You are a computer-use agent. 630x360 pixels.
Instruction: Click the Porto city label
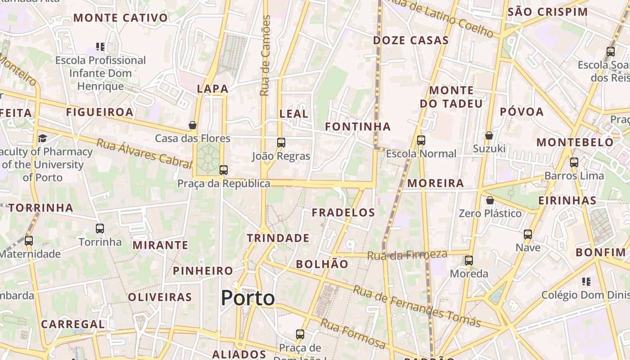point(247,298)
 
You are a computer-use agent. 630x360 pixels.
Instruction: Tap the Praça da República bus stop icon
point(224,170)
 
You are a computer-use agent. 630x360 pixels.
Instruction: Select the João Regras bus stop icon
point(281,143)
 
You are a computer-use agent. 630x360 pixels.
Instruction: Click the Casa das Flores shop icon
point(193,125)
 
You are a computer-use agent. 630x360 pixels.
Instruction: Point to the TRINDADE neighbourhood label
point(278,238)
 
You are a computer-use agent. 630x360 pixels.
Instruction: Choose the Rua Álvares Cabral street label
point(144,153)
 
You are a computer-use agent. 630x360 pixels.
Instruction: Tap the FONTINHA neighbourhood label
point(358,126)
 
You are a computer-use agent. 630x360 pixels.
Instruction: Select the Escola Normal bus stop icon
point(421,140)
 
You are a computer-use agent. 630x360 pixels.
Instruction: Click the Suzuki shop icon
point(489,135)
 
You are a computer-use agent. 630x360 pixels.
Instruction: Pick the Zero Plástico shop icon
point(490,200)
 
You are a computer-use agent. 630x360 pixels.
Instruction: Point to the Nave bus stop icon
point(528,234)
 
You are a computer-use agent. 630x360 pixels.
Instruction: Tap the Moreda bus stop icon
point(469,260)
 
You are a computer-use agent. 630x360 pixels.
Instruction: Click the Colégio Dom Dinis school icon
point(586,282)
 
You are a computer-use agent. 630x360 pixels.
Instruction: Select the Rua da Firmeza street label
point(407,255)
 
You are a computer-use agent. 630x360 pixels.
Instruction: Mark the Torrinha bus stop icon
point(100,229)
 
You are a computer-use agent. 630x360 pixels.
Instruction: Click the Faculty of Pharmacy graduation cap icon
point(42,138)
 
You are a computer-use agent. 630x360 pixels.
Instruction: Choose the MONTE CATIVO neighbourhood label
point(121,18)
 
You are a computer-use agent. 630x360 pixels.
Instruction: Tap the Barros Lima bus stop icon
point(574,162)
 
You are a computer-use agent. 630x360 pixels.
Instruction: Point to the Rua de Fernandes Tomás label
point(417,306)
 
